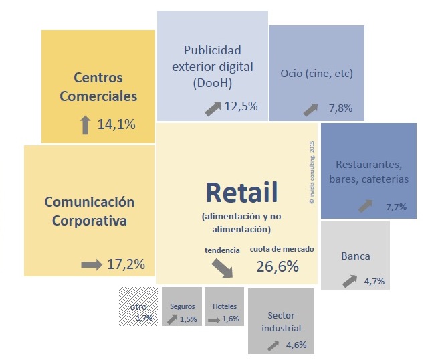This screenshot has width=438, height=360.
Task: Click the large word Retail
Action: (x=241, y=193)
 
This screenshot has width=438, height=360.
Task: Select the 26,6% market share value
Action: (x=278, y=266)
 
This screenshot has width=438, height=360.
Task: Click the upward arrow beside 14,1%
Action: (x=85, y=124)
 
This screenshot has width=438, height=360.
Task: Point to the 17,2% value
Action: (x=126, y=264)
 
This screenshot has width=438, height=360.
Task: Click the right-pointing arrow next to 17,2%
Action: (x=92, y=265)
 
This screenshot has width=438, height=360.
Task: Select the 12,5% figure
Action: (x=241, y=106)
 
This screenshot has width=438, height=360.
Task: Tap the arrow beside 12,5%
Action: (x=213, y=107)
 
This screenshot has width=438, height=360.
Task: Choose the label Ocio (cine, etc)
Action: (x=316, y=73)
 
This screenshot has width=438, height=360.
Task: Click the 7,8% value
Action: (x=340, y=108)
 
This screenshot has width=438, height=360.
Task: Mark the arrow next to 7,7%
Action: (x=365, y=205)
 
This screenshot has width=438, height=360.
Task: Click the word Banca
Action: (x=355, y=256)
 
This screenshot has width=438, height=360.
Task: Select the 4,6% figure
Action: (x=296, y=345)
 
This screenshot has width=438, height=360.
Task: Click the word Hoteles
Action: (x=224, y=306)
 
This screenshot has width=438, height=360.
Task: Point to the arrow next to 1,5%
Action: (x=172, y=319)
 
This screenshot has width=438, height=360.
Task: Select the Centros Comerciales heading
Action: (x=98, y=87)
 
